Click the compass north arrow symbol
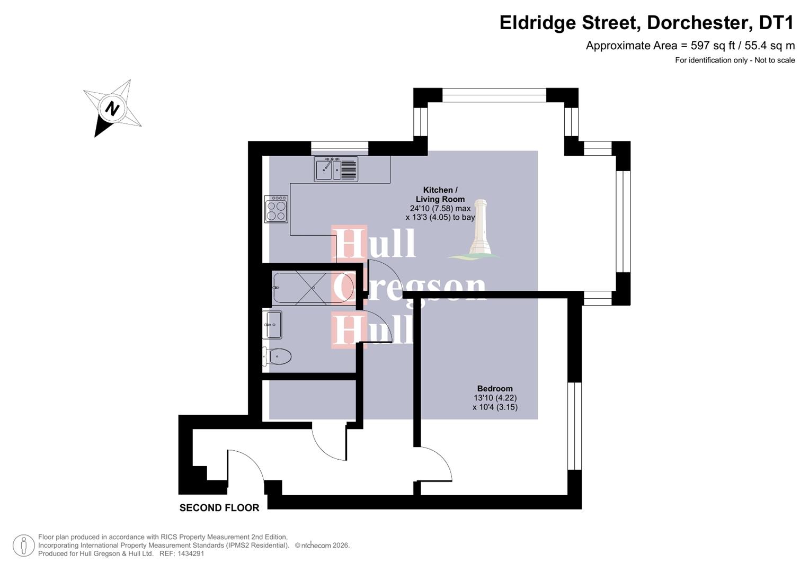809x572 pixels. click(112, 109)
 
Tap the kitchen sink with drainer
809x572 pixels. click(336, 169)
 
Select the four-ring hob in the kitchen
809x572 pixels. click(276, 209)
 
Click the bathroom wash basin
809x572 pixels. click(273, 325)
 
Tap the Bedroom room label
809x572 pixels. click(495, 388)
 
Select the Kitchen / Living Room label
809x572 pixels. click(440, 194)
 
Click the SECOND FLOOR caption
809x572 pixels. click(219, 508)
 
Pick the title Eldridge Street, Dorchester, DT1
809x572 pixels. click(647, 23)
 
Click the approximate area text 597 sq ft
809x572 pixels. click(690, 46)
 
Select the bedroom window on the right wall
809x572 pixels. click(574, 426)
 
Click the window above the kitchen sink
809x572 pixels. click(340, 148)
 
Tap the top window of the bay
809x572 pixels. click(494, 95)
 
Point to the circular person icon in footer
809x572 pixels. click(24, 546)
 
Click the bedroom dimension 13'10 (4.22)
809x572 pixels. click(495, 398)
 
